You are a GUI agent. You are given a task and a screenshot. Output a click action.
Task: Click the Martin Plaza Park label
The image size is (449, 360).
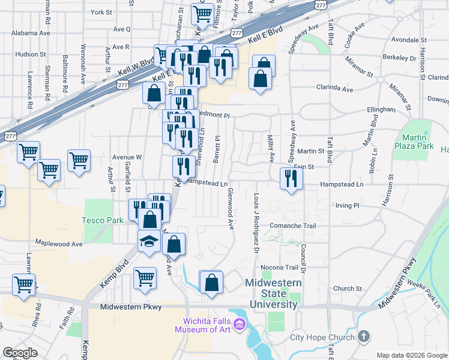pyautogui.click(x=414, y=140)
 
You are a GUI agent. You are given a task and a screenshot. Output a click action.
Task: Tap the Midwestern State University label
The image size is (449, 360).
pyautogui.click(x=271, y=293)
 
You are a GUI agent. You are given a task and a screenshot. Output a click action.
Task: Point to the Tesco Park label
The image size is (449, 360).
pyautogui.click(x=103, y=220)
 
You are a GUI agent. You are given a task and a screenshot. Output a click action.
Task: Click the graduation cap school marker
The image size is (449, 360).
pyautogui.click(x=149, y=241)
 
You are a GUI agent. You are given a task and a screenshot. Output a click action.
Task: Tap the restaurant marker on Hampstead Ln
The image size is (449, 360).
pyautogui.click(x=291, y=179)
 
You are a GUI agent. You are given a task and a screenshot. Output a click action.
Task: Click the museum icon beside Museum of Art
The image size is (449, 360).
pyautogui.click(x=240, y=325)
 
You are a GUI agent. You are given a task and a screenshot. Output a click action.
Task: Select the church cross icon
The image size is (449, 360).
pyautogui.click(x=363, y=337)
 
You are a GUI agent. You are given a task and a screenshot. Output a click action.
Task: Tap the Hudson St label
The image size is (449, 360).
pyautogui.click(x=31, y=54)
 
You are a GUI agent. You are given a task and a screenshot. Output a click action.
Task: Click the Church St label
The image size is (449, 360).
pyautogui.click(x=347, y=289)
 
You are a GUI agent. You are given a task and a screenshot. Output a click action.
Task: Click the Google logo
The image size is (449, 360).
pyautogui.click(x=20, y=353)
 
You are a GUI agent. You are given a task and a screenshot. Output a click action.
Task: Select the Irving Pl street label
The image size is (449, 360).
pyautogui.click(x=348, y=205)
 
